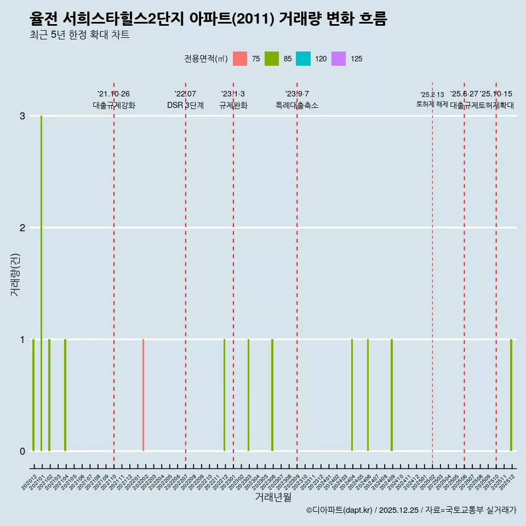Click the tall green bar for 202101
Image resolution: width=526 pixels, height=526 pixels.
(x=41, y=283)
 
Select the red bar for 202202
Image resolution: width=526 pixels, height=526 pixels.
(x=143, y=395)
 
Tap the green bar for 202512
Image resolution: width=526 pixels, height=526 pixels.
(x=511, y=395)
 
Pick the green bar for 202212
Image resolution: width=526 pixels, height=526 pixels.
(x=224, y=395)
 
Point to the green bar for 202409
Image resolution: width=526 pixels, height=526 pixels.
(x=392, y=395)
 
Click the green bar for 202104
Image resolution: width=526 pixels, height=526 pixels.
(x=65, y=395)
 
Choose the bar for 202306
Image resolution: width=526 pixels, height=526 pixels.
(x=272, y=395)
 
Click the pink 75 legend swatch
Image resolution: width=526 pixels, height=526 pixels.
(x=240, y=59)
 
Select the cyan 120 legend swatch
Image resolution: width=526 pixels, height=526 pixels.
(x=303, y=59)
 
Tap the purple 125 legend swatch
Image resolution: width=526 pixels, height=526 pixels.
(x=339, y=59)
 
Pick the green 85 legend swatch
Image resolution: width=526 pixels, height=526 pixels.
(x=272, y=59)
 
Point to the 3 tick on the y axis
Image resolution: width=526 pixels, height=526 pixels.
(x=22, y=116)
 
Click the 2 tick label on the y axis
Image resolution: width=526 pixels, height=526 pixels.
(x=22, y=228)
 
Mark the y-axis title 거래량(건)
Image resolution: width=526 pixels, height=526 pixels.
(x=15, y=274)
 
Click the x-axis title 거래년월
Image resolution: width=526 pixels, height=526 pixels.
(x=273, y=497)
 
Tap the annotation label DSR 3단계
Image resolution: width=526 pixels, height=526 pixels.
(x=186, y=106)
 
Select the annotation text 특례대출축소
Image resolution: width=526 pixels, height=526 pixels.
(x=297, y=106)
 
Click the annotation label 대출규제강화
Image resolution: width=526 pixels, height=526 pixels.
(x=114, y=106)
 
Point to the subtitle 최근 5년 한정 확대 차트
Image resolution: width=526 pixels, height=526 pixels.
(x=79, y=35)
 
